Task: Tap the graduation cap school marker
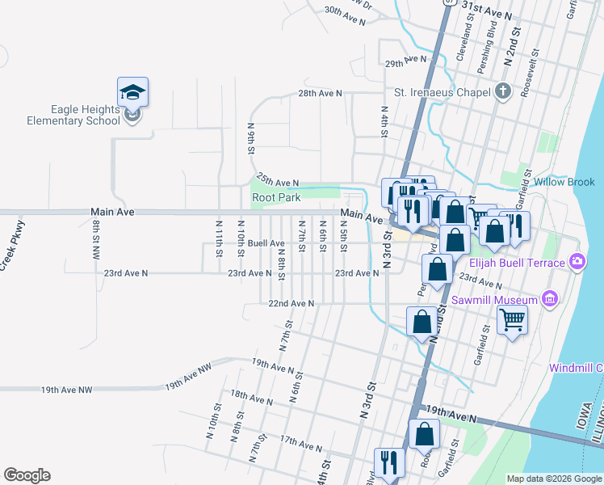click(133, 93)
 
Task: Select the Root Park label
click(276, 197)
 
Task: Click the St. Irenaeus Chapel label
click(443, 92)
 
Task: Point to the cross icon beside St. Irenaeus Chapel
click(504, 91)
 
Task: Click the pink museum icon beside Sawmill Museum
click(551, 300)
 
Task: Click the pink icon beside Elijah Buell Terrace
click(577, 261)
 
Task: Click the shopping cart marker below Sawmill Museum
click(513, 322)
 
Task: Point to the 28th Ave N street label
click(320, 94)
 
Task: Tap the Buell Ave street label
click(266, 243)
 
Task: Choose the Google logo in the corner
click(27, 476)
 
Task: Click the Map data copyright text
click(554, 479)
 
